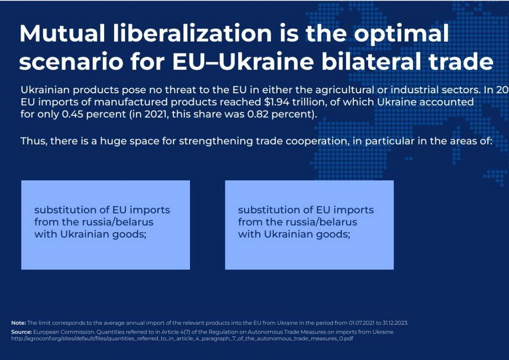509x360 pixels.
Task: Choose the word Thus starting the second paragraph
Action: coord(33,141)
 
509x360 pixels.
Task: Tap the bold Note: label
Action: coord(18,323)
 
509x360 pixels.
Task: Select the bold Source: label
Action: coord(21,331)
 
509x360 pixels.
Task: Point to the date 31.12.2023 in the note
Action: coord(391,323)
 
